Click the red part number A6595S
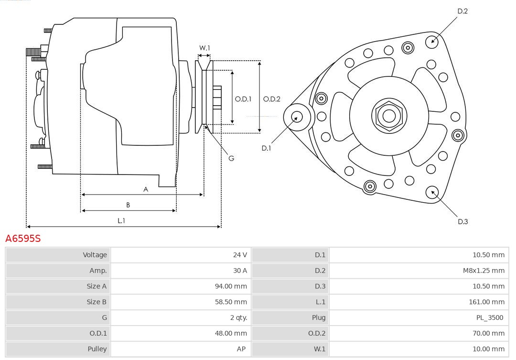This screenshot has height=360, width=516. (23, 238)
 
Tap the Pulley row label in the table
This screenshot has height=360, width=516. (97, 349)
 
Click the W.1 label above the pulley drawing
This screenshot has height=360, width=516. (204, 48)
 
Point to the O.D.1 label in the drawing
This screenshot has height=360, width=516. (243, 99)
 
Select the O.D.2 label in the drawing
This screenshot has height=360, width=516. (272, 99)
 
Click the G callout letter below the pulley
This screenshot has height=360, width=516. (231, 158)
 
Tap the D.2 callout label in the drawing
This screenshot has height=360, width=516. (462, 11)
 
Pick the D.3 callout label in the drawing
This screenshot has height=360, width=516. (462, 221)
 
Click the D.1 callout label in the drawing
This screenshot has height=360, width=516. (266, 148)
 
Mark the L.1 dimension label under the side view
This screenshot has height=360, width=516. (121, 220)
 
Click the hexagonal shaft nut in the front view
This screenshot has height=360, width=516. (389, 115)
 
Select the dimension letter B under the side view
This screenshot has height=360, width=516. (128, 205)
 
